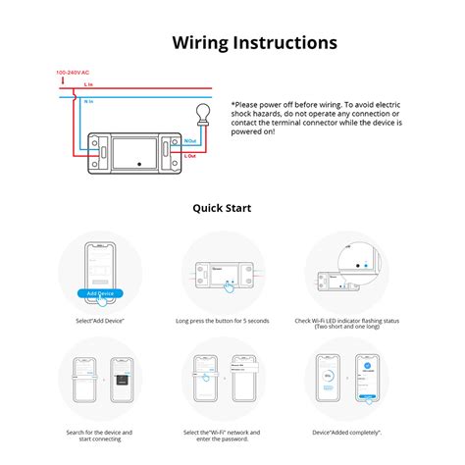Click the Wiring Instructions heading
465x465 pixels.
click(254, 42)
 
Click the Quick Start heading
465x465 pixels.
click(222, 208)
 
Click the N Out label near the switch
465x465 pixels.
click(190, 142)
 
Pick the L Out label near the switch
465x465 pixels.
click(190, 155)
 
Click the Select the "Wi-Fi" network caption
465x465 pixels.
click(221, 435)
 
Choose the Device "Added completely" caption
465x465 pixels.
click(346, 432)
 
